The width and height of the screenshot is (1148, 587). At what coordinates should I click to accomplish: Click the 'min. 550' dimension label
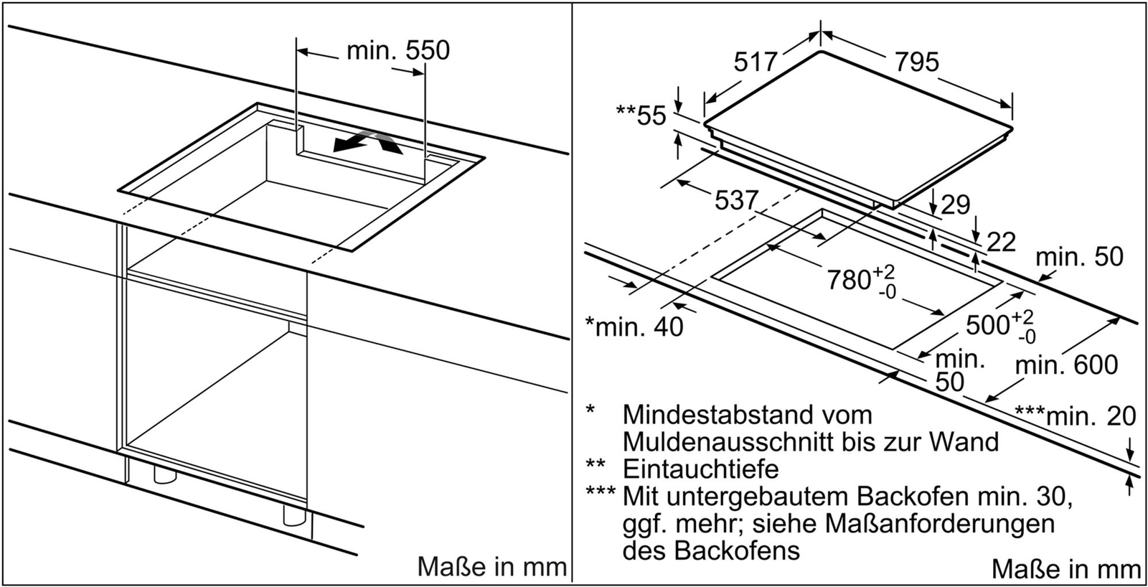coord(397,50)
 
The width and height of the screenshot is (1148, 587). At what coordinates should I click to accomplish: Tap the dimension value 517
coord(756,62)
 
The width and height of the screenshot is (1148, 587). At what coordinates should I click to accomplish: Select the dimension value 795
coord(916,62)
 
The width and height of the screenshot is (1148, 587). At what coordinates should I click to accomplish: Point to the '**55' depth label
coord(641,115)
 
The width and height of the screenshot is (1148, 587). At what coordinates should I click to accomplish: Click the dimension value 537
coord(736,200)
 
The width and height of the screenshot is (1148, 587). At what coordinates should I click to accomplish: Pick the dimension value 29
coord(955,205)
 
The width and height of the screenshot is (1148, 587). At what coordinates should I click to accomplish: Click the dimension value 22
coord(1001,243)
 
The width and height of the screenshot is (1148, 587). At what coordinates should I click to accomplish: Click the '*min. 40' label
coord(634,327)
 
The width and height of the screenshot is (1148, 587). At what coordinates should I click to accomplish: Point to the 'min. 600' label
coord(1066,365)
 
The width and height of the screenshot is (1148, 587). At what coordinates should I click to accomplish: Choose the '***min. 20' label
coord(1075,415)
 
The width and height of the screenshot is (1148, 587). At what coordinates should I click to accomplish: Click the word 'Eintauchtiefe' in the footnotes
coord(700,469)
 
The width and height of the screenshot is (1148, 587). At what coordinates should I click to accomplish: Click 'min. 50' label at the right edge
coord(1079,257)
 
